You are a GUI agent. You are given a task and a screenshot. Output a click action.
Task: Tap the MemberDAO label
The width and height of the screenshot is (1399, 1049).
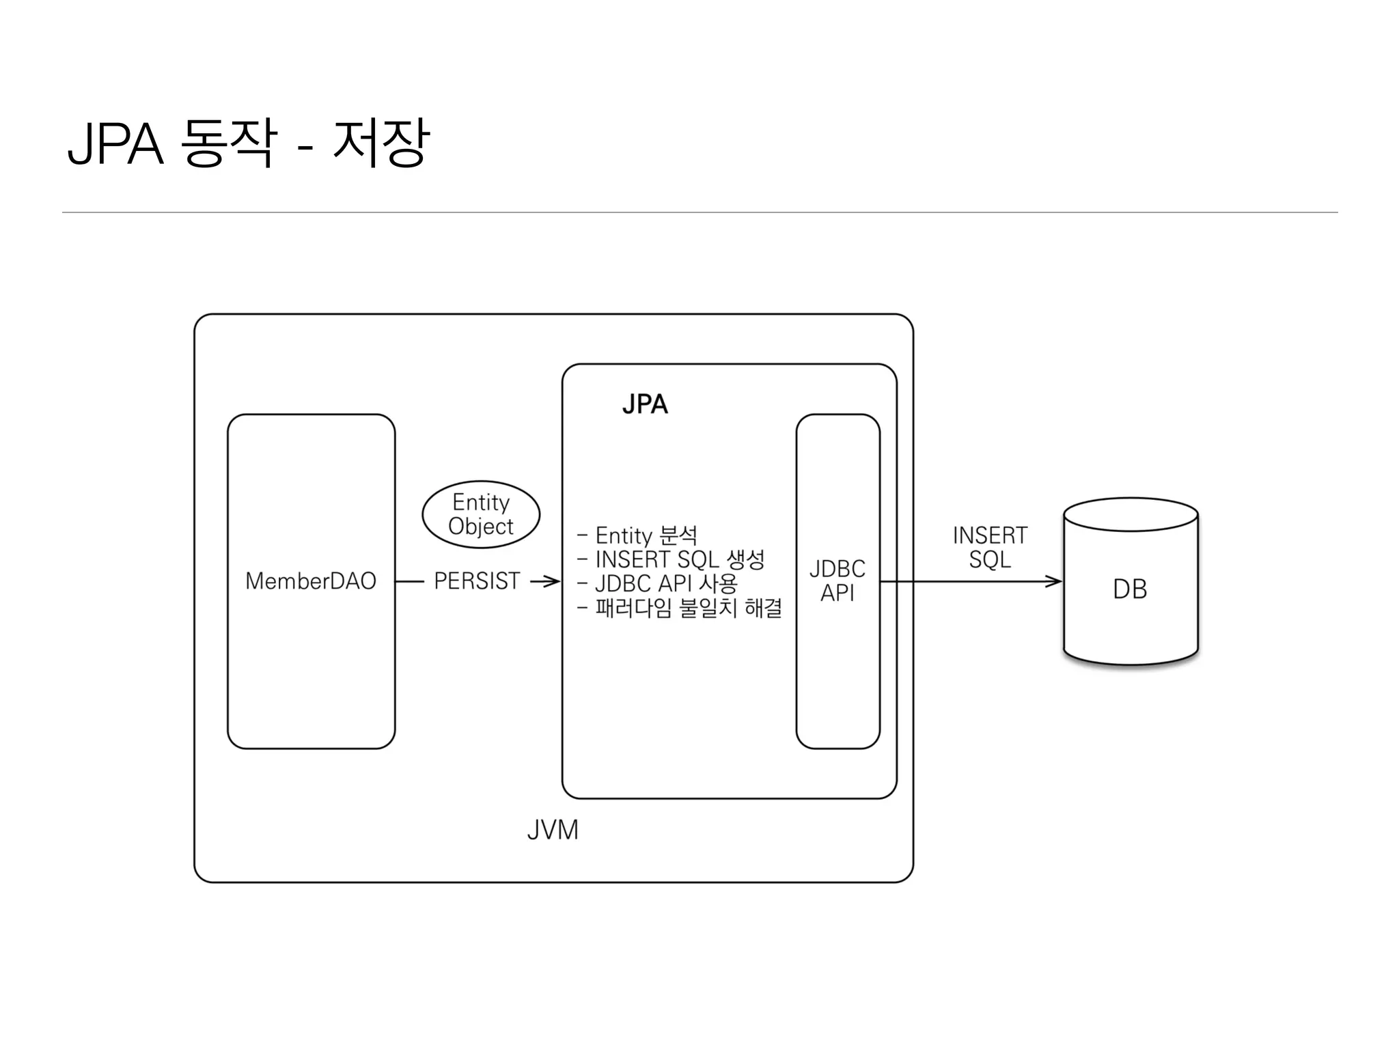[311, 581]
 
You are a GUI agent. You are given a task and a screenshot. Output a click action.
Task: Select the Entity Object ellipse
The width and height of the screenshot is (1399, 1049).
[481, 514]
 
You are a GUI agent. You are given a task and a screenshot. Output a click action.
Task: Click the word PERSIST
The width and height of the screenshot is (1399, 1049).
[477, 581]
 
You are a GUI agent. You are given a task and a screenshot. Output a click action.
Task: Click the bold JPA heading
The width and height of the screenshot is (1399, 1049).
[645, 404]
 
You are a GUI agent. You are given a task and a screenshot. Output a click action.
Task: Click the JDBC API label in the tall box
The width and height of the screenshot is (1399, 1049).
[837, 581]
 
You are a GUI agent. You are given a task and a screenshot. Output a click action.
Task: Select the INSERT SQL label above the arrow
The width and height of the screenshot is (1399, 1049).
[990, 547]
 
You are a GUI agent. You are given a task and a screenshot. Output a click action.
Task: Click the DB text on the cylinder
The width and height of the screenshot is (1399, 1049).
[1130, 589]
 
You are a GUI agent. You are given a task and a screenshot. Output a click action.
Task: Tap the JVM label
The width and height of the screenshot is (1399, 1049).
[553, 830]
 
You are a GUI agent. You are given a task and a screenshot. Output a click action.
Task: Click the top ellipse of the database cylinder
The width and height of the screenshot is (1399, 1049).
[1131, 514]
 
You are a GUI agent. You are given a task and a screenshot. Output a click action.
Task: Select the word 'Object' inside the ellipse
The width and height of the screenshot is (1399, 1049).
[481, 527]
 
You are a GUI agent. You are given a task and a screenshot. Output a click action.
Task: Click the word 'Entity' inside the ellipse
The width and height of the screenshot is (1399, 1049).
[481, 503]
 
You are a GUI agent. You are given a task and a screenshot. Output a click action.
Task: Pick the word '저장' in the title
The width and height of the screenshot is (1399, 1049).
[380, 143]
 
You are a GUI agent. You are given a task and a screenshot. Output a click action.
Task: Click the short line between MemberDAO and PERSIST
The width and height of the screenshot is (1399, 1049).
[410, 582]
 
